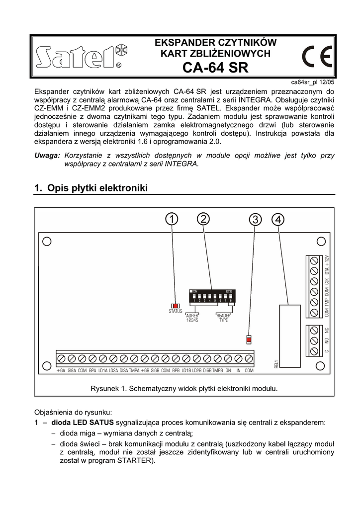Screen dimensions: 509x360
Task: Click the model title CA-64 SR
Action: [216, 68]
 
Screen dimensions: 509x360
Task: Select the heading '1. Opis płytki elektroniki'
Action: [91, 188]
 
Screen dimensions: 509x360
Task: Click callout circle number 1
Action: [171, 219]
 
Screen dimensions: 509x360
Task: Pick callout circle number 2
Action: [203, 219]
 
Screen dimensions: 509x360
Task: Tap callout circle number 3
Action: [255, 220]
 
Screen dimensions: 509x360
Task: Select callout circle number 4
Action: [278, 219]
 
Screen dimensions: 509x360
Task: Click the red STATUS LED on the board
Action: [175, 306]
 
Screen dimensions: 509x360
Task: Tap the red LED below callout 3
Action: [249, 339]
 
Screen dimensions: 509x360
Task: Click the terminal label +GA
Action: [61, 371]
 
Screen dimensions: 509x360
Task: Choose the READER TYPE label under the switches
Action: [224, 318]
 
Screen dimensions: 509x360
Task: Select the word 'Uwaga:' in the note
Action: [47, 156]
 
